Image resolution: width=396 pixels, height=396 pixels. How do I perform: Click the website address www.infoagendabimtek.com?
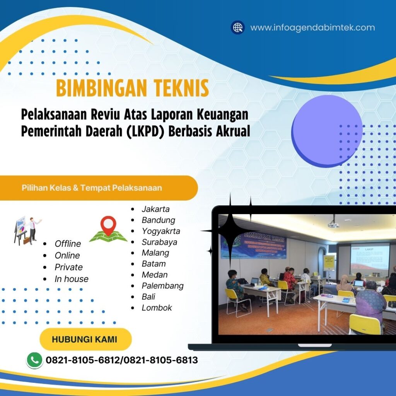(x=312, y=28)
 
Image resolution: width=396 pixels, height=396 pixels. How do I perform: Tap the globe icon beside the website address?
(x=238, y=27)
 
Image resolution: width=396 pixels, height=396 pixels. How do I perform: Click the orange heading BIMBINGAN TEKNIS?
(x=132, y=88)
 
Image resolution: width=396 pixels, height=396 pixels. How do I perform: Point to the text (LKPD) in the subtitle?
(x=147, y=131)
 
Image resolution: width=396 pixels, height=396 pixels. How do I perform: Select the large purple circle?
(x=327, y=131)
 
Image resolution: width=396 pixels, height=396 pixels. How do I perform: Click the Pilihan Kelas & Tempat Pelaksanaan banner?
(x=99, y=188)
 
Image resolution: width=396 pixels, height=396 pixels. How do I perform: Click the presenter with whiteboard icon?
(x=27, y=230)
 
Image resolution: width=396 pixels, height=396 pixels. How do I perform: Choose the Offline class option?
(x=68, y=244)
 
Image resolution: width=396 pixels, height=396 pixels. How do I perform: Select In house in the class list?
(x=71, y=279)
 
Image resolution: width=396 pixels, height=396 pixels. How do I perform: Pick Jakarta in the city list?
(x=155, y=209)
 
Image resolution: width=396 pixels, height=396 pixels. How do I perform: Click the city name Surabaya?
(x=159, y=242)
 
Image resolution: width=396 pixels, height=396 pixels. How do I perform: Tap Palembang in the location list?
(x=162, y=286)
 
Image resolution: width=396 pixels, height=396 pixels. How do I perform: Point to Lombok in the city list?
(x=157, y=308)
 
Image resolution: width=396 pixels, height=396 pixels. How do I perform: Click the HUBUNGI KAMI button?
(x=85, y=340)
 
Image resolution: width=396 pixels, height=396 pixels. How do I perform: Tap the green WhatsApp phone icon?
(x=34, y=360)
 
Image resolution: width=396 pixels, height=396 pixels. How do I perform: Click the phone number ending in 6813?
(x=161, y=360)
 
